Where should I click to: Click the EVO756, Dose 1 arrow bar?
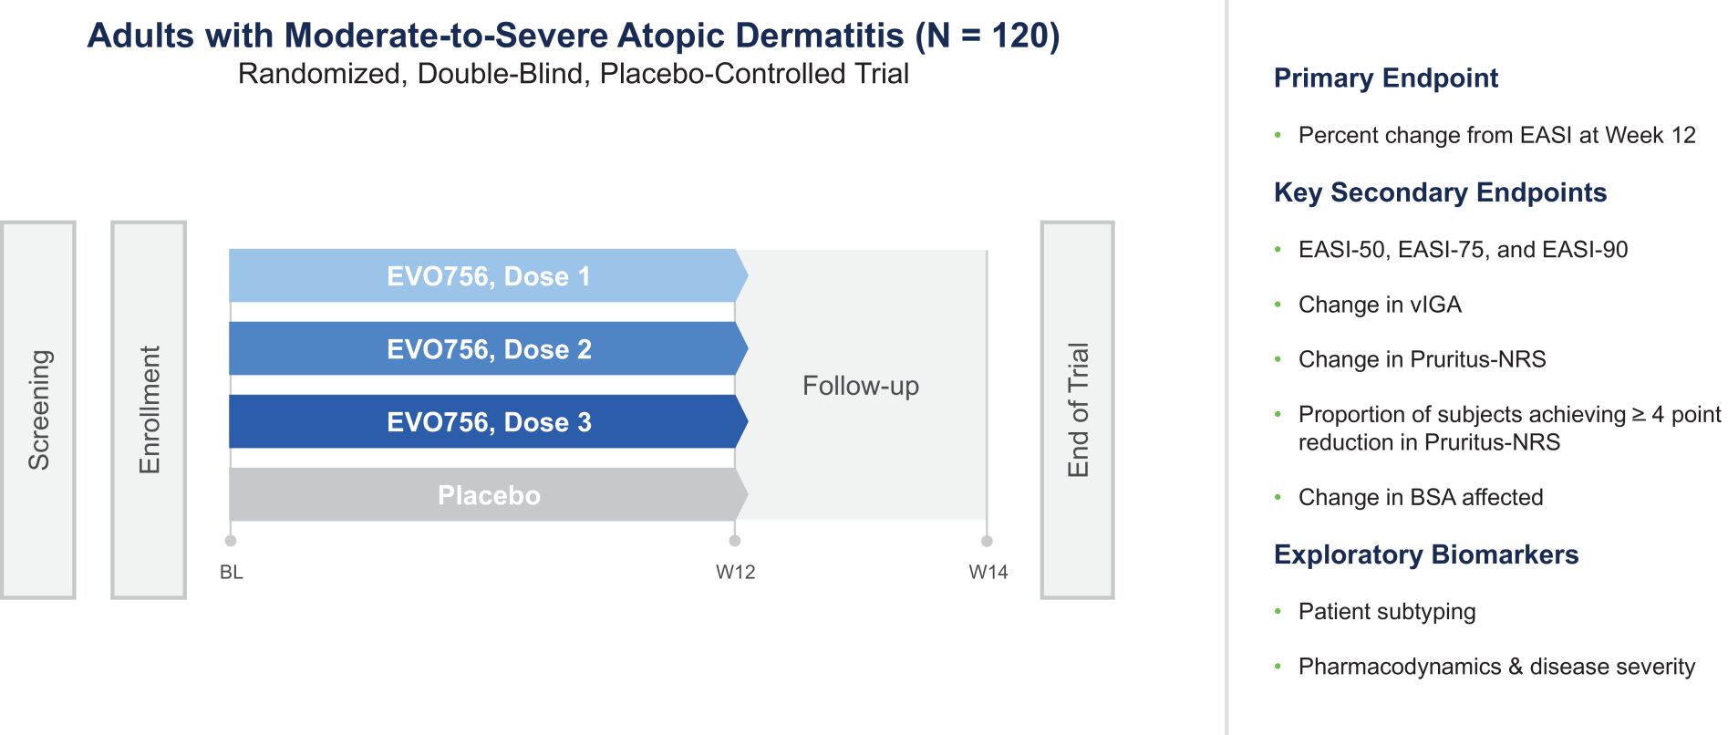point(489,275)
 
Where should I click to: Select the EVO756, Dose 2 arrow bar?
point(489,348)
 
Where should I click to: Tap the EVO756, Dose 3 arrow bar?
point(489,421)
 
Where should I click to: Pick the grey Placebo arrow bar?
point(489,494)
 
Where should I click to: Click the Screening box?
point(38,409)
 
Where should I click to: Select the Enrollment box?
point(149,409)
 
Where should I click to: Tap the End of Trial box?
point(1078,409)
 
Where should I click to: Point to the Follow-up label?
point(861,386)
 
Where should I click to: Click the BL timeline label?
point(232,572)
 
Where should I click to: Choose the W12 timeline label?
point(736,572)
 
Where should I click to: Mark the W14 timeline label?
point(988,572)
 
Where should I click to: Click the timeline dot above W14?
point(987,541)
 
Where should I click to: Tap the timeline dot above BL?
point(231,541)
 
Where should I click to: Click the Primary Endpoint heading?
point(1386,78)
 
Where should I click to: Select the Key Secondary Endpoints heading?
point(1441,192)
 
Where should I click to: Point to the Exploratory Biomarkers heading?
point(1426,554)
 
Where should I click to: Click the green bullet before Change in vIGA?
point(1278,304)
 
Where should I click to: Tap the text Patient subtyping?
point(1387,612)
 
